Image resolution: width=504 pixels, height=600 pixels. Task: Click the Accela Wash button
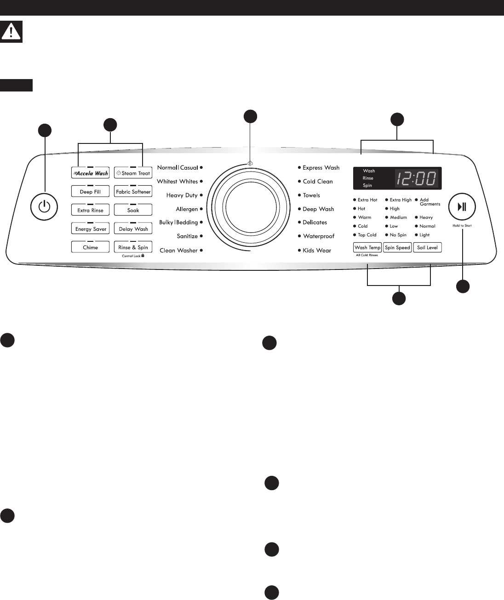(x=90, y=173)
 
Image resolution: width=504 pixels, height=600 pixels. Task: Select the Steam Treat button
(x=133, y=173)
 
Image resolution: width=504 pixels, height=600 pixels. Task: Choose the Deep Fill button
(x=90, y=192)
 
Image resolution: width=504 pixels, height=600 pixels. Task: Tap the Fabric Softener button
(x=133, y=192)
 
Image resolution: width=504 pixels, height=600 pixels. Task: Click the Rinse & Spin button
(x=133, y=247)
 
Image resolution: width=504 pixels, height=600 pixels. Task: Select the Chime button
(x=90, y=247)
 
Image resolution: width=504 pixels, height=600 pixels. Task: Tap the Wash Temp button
(x=367, y=247)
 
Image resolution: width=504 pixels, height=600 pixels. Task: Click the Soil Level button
(x=427, y=247)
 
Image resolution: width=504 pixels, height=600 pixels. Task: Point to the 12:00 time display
(x=416, y=178)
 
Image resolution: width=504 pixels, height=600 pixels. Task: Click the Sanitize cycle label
(x=187, y=236)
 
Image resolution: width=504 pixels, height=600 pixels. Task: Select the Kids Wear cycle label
(x=317, y=251)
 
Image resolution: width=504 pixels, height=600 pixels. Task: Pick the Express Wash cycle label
(x=321, y=168)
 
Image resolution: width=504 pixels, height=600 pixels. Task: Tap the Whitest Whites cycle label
(x=177, y=182)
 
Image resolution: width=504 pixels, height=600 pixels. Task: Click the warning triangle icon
(x=11, y=32)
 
